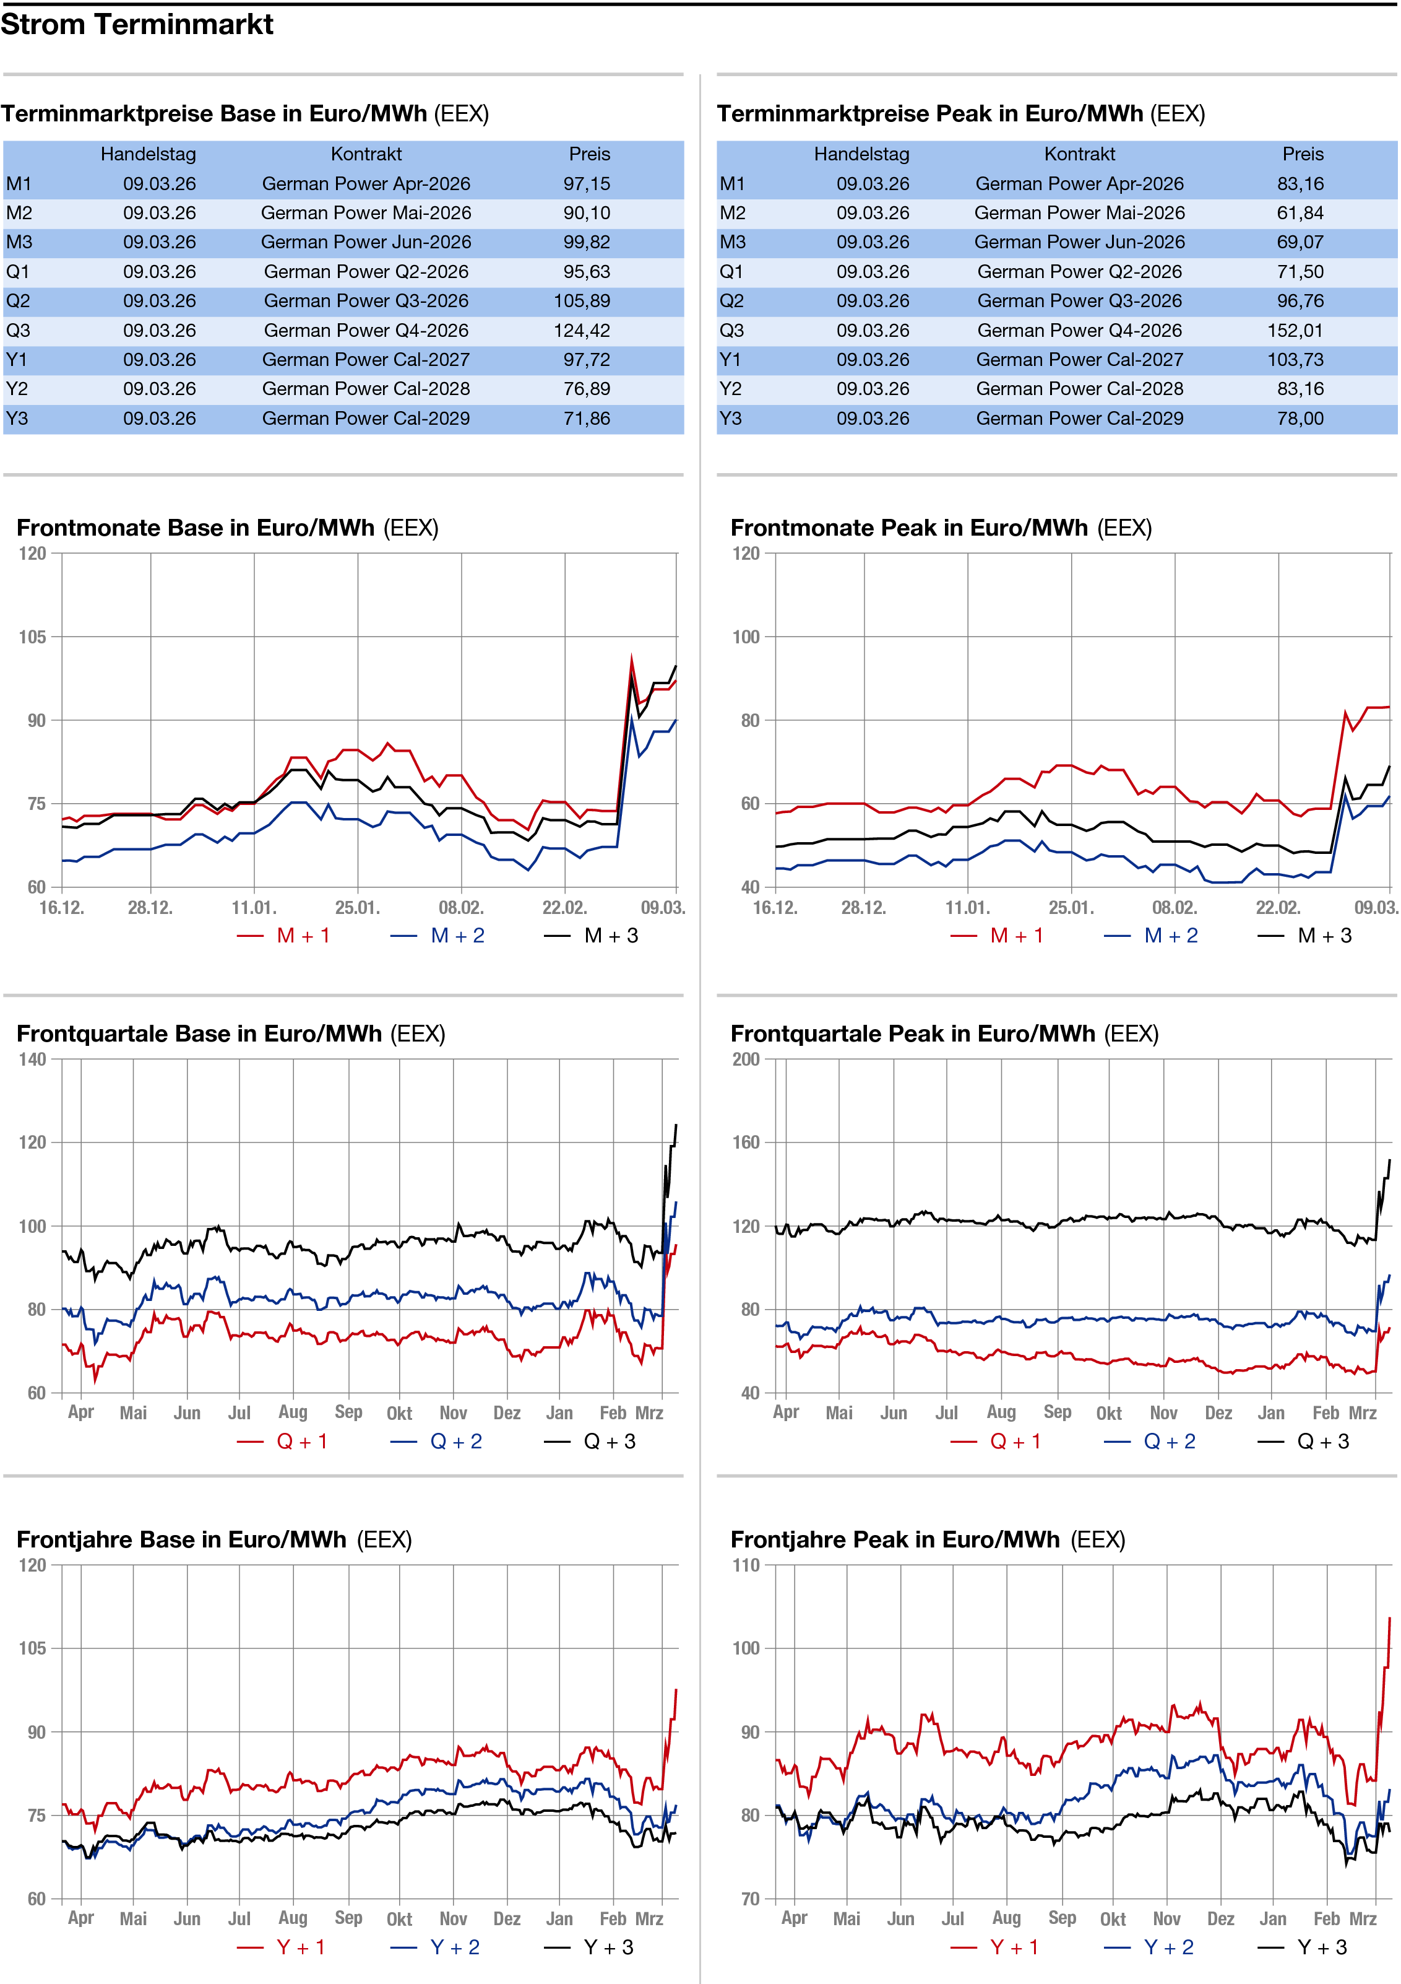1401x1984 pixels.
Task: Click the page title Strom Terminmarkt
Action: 137,24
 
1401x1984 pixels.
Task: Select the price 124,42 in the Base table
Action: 587,330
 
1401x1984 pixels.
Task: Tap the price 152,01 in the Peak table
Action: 1300,330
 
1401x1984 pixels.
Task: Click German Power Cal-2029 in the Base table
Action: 366,418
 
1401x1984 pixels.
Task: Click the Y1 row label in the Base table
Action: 17,360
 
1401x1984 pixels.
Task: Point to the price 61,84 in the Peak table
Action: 1300,212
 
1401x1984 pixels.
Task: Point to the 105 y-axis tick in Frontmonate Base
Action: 33,637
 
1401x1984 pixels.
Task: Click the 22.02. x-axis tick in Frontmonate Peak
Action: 1277,907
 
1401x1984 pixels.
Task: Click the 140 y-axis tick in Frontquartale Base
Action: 33,1059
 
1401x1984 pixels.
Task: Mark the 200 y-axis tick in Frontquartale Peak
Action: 746,1059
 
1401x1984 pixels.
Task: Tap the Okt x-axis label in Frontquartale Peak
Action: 1109,1413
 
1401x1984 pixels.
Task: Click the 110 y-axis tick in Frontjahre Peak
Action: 746,1565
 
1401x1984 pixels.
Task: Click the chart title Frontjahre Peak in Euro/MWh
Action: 895,1540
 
